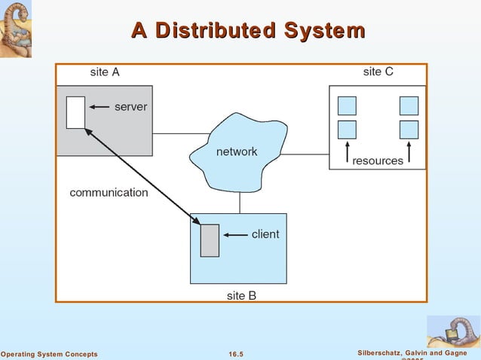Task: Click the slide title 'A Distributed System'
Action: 248,31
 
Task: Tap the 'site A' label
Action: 105,72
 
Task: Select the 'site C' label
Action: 378,72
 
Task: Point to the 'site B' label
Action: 241,295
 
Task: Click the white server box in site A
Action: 75,112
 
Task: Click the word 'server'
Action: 130,107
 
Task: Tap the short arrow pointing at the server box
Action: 98,108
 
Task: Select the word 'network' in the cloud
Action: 237,151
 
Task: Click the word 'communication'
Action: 109,192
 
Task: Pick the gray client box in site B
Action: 210,240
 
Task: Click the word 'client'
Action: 265,234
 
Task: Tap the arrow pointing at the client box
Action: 235,235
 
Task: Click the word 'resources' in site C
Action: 378,160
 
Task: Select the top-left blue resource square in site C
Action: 347,105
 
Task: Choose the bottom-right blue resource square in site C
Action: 409,129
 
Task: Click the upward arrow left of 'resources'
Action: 347,151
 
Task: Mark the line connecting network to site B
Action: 240,202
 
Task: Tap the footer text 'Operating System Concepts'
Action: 49,354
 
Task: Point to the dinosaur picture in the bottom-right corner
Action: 453,331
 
